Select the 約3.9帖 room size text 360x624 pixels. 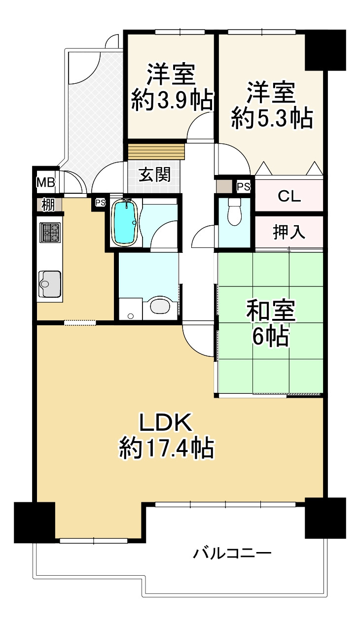[x=172, y=101]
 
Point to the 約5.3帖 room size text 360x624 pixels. [x=272, y=118]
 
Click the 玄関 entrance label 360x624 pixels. [x=154, y=175]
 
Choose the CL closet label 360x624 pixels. [x=289, y=196]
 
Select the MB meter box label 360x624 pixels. [x=46, y=183]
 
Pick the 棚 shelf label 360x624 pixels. [x=47, y=205]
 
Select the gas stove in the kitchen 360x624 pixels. [x=50, y=233]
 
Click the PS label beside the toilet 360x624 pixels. [x=243, y=186]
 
